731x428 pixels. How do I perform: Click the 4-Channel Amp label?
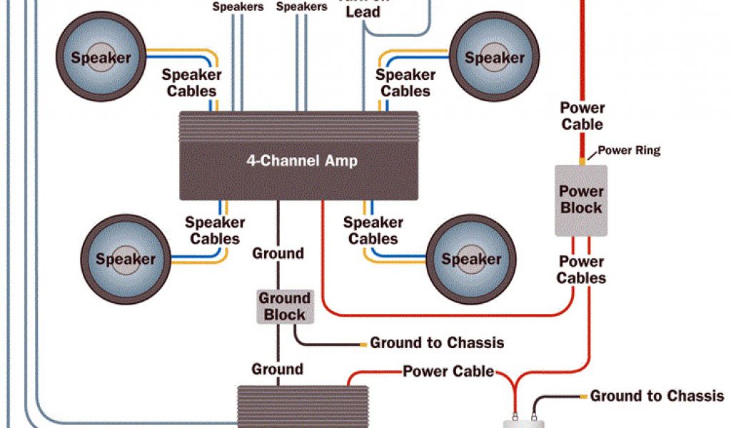point(302,160)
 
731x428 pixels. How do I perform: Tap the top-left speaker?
point(101,58)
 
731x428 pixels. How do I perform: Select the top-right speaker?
point(494,58)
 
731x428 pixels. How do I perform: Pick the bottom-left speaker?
point(125,258)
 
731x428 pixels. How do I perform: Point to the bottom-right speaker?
point(471,258)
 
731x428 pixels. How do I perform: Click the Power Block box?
point(581,200)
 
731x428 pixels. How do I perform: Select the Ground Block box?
point(284,306)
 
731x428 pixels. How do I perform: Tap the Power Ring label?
point(629,151)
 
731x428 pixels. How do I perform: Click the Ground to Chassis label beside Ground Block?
point(437,343)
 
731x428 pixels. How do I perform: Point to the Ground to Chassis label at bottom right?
point(657,396)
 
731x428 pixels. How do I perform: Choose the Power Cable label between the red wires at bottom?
point(448,371)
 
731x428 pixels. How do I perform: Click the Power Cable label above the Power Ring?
point(582,116)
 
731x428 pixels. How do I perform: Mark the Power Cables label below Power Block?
point(581,270)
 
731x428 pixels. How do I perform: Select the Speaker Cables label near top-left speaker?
point(191,83)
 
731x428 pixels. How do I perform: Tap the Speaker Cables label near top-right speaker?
point(405,83)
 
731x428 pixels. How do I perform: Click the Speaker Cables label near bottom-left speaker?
point(215,230)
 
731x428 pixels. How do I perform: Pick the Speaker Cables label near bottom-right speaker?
point(373,230)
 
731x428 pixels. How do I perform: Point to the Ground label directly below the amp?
point(278,253)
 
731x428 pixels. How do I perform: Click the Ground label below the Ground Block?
point(277,370)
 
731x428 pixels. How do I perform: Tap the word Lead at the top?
point(363,12)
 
